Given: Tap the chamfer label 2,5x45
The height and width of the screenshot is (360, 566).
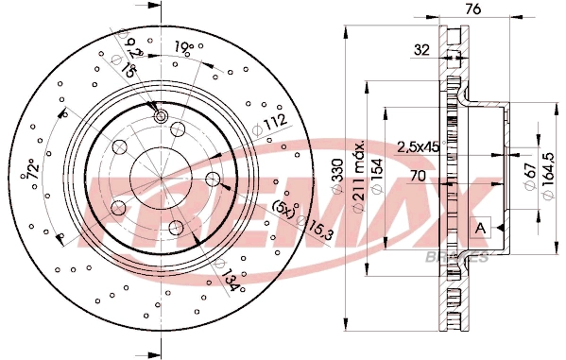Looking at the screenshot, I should [x=418, y=146].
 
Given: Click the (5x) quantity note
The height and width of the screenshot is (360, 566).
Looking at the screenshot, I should [x=280, y=206].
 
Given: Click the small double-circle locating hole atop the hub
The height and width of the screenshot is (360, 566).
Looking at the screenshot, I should [x=161, y=115].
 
